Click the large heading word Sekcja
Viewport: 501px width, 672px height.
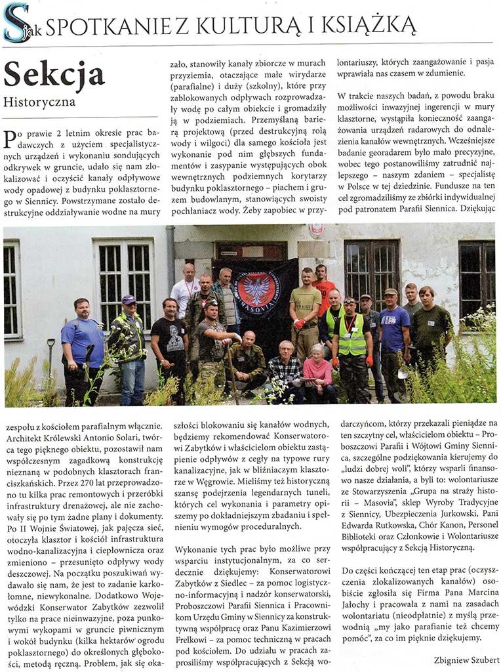54,76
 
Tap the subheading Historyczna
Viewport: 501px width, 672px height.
39,102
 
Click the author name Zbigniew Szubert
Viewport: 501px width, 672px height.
466,659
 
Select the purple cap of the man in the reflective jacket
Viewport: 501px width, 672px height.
129,299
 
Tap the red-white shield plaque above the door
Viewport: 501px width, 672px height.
316,230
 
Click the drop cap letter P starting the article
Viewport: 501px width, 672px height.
10,139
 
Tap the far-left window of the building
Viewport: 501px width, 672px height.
12,289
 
